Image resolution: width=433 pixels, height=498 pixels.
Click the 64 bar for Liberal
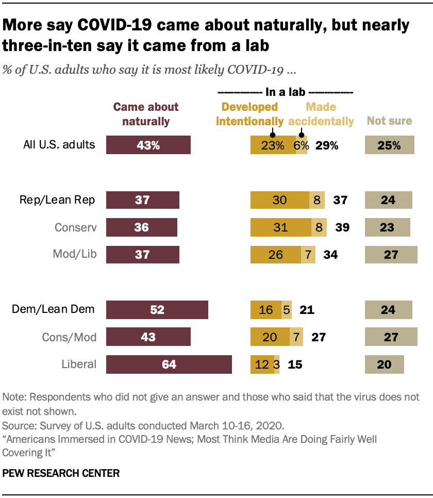pos(169,364)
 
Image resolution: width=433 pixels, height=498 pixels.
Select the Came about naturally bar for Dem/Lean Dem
pos(157,310)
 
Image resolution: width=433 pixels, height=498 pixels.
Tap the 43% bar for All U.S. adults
pos(148,145)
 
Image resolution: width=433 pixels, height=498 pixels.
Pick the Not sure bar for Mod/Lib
pos(391,255)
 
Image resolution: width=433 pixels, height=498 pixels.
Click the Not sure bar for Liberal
pos(384,364)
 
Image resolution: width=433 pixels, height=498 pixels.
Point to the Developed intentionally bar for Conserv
pos(280,227)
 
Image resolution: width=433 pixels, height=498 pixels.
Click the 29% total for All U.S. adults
pos(327,145)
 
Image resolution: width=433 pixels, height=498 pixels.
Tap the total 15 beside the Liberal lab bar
pos(295,364)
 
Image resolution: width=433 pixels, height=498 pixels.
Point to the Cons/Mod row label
pos(69,337)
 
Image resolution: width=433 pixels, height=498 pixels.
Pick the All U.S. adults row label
pos(59,145)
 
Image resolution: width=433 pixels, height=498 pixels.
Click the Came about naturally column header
pos(146,114)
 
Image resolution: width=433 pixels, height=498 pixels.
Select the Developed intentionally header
pos(250,114)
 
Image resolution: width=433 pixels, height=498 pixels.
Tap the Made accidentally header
pos(321,114)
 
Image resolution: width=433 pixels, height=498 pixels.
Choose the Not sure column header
pos(389,121)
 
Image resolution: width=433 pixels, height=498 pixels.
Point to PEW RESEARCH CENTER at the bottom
pos(61,473)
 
